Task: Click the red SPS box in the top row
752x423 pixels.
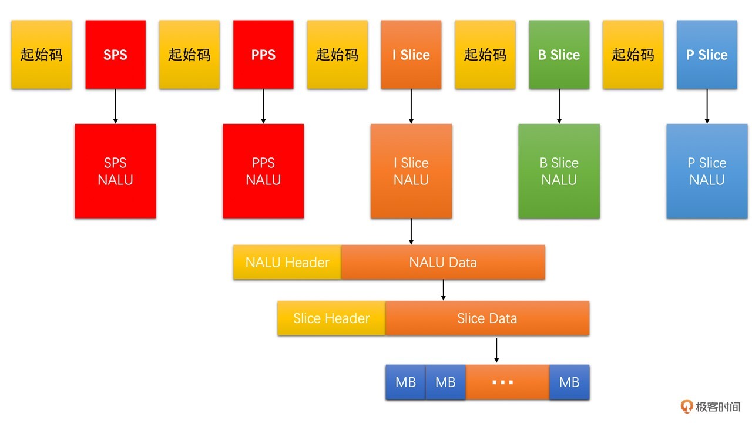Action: tap(115, 55)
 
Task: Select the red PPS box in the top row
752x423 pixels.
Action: tap(263, 55)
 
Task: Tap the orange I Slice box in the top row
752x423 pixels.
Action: tap(411, 55)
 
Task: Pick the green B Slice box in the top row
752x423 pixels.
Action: tap(559, 55)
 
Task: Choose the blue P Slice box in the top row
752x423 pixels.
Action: tap(707, 55)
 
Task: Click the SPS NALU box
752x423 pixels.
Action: tap(115, 171)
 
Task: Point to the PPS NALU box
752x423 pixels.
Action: tap(263, 171)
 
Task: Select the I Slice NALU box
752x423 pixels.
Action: tap(411, 171)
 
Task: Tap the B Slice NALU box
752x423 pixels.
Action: tap(559, 171)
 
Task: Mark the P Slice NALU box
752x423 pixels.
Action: tap(707, 171)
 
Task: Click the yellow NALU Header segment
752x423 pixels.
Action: tap(287, 262)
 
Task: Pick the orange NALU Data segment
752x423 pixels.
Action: tap(443, 262)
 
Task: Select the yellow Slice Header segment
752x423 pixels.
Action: tap(331, 318)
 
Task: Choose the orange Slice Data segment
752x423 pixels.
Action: tap(487, 318)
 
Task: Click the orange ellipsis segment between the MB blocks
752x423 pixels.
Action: tap(508, 382)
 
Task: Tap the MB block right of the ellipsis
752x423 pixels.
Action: tap(569, 382)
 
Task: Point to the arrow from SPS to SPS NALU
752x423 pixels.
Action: tap(115, 106)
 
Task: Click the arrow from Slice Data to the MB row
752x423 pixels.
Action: tap(496, 350)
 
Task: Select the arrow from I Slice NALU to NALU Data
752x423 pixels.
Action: tap(411, 231)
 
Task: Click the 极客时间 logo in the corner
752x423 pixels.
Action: tap(711, 407)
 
